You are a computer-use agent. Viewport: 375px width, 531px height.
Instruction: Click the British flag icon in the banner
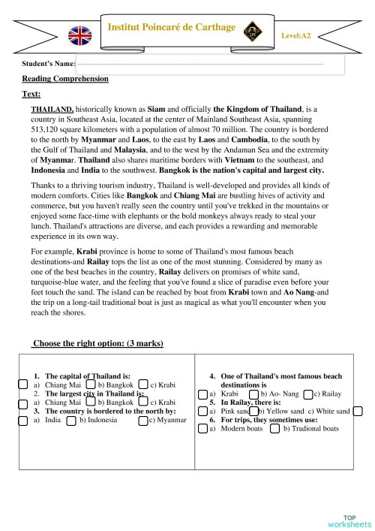[x=79, y=35]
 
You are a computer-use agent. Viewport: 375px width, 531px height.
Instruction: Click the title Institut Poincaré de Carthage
[x=172, y=27]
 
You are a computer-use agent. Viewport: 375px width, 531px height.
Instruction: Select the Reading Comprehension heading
[x=65, y=79]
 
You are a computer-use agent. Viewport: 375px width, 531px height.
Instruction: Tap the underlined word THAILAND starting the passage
[x=52, y=110]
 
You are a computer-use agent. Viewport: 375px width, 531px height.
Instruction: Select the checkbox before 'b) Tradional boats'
[x=274, y=429]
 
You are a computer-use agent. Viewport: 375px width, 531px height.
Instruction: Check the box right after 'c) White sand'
[x=358, y=411]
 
